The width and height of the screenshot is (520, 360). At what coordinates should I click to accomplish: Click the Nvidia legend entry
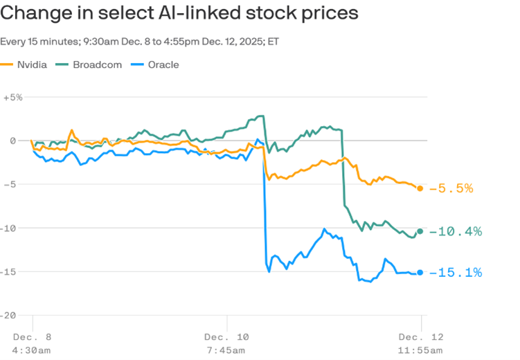coord(32,65)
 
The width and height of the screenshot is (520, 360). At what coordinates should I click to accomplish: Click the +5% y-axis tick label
coord(12,98)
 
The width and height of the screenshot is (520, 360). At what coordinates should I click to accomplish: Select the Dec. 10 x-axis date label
coord(225,336)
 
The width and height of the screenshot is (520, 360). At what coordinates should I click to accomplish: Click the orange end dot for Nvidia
coord(420,188)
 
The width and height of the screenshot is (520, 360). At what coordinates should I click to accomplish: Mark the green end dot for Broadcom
coord(420,231)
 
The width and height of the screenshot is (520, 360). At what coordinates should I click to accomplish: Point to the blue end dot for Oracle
coord(420,273)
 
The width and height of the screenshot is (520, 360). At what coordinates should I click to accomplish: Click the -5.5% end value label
coord(451,188)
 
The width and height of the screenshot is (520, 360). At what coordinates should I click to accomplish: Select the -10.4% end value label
coord(455,231)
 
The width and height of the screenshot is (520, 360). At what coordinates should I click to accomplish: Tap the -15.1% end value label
coord(455,273)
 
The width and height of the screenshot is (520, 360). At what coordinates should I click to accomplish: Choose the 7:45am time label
coord(225,350)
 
